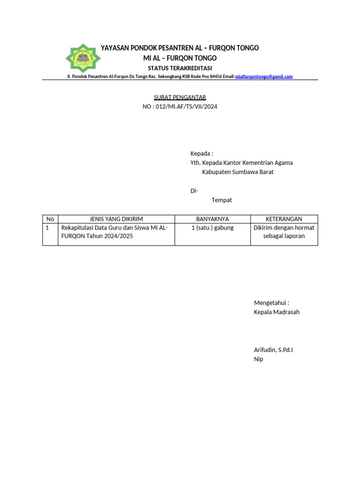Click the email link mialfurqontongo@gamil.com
pyautogui.click(x=263, y=76)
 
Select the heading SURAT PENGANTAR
pyautogui.click(x=180, y=97)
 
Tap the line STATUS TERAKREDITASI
pyautogui.click(x=180, y=68)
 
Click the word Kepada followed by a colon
pyautogui.click(x=202, y=154)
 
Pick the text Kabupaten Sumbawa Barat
pyautogui.click(x=238, y=172)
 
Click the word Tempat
pyautogui.click(x=222, y=200)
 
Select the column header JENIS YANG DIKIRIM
pyautogui.click(x=116, y=219)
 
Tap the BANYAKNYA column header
pyautogui.click(x=212, y=219)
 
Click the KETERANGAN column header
pyautogui.click(x=284, y=219)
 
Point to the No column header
pyautogui.click(x=50, y=219)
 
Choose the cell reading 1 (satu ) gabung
pyautogui.click(x=212, y=228)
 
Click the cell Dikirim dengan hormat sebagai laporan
pyautogui.click(x=284, y=232)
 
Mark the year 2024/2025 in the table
pyautogui.click(x=116, y=236)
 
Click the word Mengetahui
pyautogui.click(x=271, y=303)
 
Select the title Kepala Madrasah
pyautogui.click(x=277, y=312)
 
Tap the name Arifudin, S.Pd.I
pyautogui.click(x=273, y=350)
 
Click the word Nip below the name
pyautogui.click(x=258, y=359)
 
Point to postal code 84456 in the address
pyautogui.click(x=216, y=76)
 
